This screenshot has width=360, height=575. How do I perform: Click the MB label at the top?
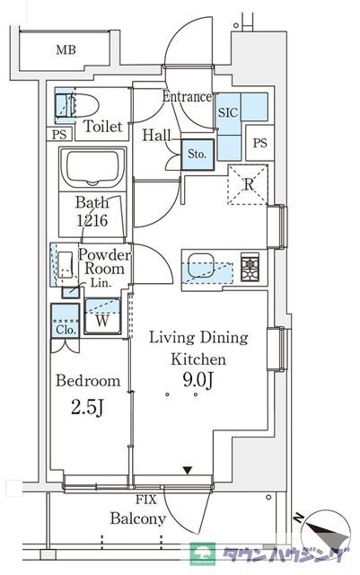[66, 49]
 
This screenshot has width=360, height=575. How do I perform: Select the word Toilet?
[102, 126]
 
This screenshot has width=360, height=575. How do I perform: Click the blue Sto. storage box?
[198, 155]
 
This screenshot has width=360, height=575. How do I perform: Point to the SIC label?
[228, 112]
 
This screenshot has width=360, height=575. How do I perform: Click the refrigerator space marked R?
[248, 184]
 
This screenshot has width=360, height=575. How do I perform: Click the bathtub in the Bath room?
[92, 168]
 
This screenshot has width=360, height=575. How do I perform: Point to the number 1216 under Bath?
[92, 220]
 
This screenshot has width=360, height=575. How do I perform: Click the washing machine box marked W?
[102, 316]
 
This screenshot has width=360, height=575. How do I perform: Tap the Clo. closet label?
[66, 330]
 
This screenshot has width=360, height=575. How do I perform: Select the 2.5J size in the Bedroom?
[87, 408]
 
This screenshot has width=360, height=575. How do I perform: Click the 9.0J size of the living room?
[198, 381]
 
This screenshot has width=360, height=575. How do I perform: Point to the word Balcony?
[138, 519]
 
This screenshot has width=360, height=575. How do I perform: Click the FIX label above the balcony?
[146, 500]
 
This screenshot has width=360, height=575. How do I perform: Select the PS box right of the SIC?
[260, 143]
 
